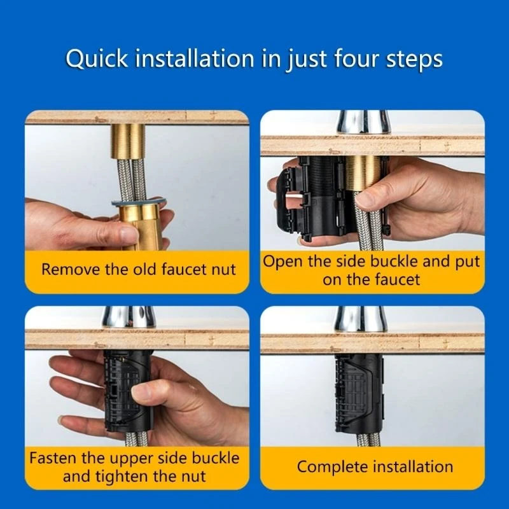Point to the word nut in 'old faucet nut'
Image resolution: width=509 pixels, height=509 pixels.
pyautogui.click(x=223, y=269)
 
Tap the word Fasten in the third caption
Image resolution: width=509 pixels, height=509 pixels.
pyautogui.click(x=56, y=457)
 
